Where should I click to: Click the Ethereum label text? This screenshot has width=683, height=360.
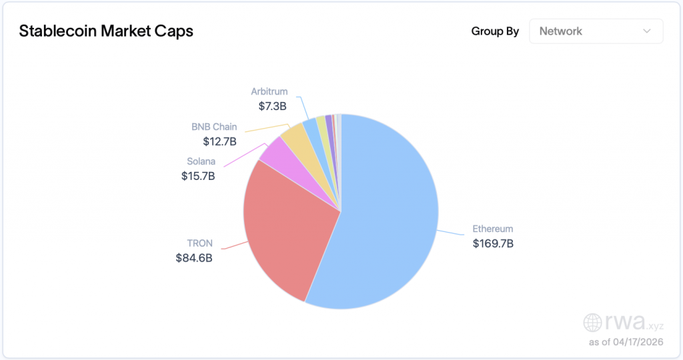493,229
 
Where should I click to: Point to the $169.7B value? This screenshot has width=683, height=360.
493,243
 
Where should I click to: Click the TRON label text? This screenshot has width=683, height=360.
200,243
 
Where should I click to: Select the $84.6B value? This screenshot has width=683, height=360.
194,258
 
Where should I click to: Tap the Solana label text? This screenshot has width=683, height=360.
201,161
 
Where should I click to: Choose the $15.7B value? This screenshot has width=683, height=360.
198,176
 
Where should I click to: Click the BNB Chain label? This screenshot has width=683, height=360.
214,127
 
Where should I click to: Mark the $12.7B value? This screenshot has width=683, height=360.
220,141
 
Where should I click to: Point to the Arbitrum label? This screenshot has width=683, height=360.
269,91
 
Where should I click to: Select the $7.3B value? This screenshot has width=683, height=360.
273,106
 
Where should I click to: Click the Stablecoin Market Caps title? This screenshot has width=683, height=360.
106,31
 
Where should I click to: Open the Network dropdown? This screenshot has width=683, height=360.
596,31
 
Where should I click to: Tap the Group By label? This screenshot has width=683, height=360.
495,31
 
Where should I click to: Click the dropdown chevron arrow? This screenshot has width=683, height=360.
646,31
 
